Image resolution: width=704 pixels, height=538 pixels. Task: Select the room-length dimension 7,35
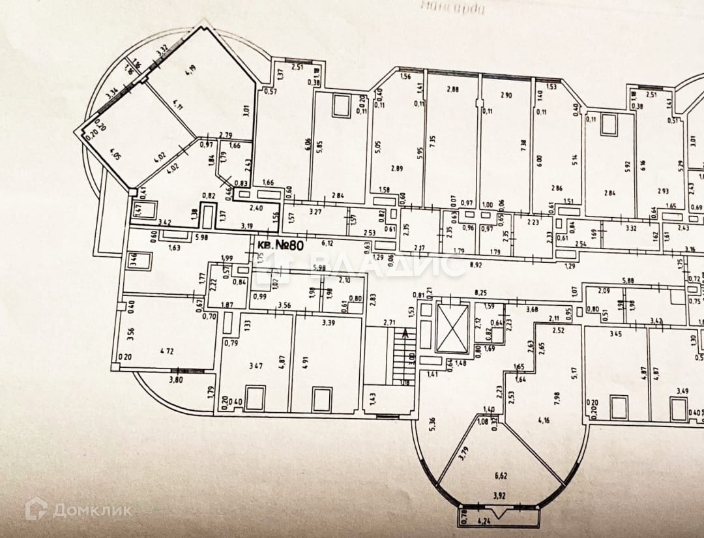432,143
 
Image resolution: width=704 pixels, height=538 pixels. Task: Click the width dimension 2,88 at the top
454,89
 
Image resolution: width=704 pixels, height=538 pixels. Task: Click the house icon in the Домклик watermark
36,509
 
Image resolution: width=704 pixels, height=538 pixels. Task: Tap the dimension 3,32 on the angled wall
162,50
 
